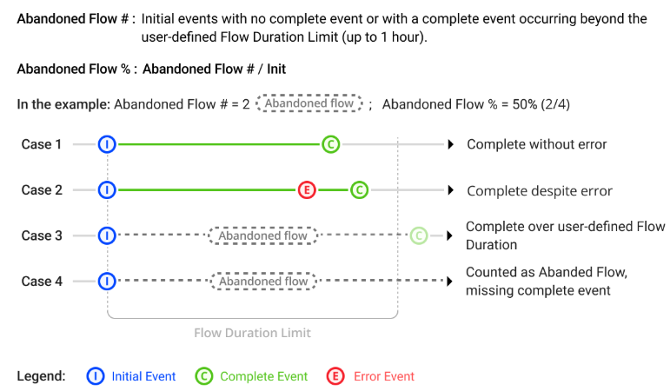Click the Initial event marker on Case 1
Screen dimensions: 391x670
(x=107, y=144)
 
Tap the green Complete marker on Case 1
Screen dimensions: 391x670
(x=330, y=144)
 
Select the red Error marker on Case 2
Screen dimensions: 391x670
(x=306, y=190)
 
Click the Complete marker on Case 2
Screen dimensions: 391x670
(x=360, y=190)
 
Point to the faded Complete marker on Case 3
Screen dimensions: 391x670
(x=418, y=235)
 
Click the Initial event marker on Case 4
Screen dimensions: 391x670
(x=107, y=281)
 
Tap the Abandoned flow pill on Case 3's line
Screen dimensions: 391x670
(x=262, y=235)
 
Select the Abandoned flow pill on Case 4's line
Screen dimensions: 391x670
(x=262, y=282)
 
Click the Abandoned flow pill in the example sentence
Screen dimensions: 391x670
(x=309, y=103)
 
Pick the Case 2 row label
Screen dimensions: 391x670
(x=42, y=190)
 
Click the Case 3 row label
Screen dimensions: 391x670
(x=42, y=235)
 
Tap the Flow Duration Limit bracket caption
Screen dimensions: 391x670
(x=252, y=333)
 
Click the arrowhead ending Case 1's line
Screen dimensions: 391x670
(x=450, y=144)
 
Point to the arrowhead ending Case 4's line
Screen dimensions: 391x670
(x=450, y=281)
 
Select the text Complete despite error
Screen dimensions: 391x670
(x=540, y=191)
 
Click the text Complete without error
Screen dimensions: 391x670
(x=536, y=144)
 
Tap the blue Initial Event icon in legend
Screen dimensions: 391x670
(x=96, y=376)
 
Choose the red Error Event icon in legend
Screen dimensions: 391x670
(x=335, y=376)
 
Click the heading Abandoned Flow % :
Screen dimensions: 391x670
(x=76, y=69)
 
